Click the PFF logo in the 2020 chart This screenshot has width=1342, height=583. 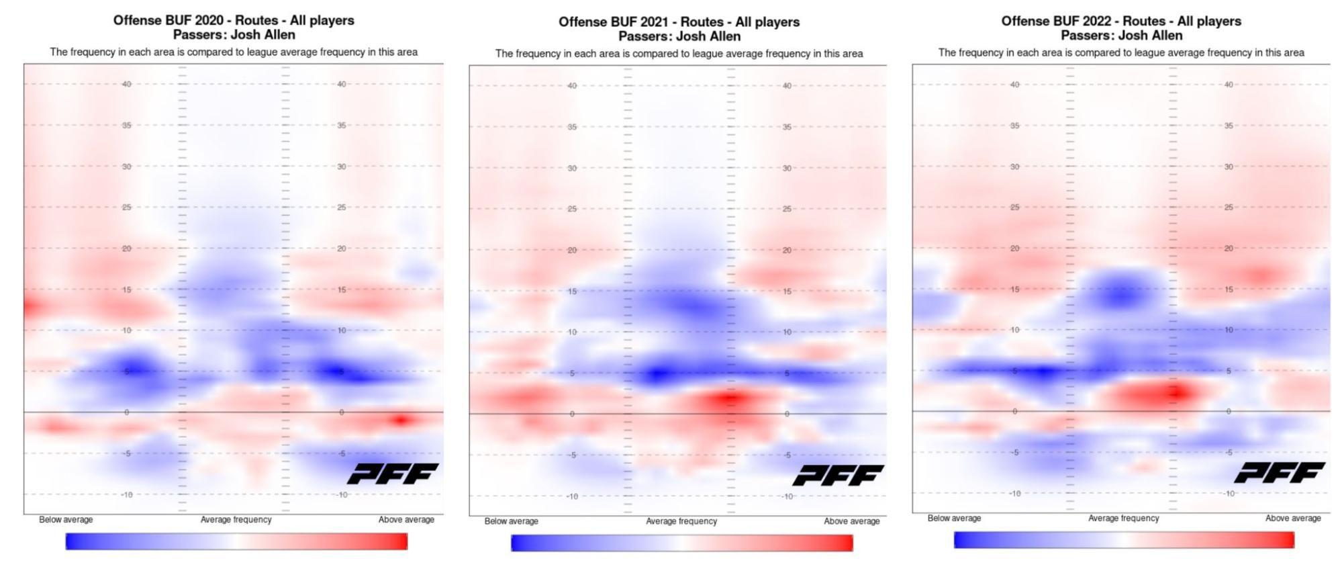pyautogui.click(x=393, y=474)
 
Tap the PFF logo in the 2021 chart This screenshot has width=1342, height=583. pyautogui.click(x=838, y=476)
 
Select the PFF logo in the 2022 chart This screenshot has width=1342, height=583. pyautogui.click(x=1280, y=472)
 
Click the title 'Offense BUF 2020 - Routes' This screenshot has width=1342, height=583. pyautogui.click(x=234, y=20)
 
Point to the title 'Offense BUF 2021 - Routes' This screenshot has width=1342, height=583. pyautogui.click(x=679, y=21)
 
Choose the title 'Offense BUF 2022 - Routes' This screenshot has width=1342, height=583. pyautogui.click(x=1121, y=21)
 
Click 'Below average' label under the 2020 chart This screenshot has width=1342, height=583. pyautogui.click(x=66, y=520)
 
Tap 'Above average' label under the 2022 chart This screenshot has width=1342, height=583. pyautogui.click(x=1293, y=519)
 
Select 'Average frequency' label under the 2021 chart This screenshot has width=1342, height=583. pyautogui.click(x=681, y=521)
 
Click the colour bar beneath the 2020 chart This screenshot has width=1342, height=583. pyautogui.click(x=236, y=541)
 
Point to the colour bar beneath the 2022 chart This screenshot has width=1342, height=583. pyautogui.click(x=1124, y=540)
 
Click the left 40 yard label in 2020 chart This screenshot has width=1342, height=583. pyautogui.click(x=126, y=84)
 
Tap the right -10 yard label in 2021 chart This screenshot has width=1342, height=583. pyautogui.click(x=787, y=496)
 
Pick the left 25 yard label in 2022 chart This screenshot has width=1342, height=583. pyautogui.click(x=1014, y=208)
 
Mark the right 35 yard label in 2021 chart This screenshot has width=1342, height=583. pyautogui.click(x=787, y=127)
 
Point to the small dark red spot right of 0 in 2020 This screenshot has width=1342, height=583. pyautogui.click(x=401, y=420)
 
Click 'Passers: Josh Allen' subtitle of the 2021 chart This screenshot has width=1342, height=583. pyautogui.click(x=679, y=36)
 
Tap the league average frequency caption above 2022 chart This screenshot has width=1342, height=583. pyautogui.click(x=1121, y=52)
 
